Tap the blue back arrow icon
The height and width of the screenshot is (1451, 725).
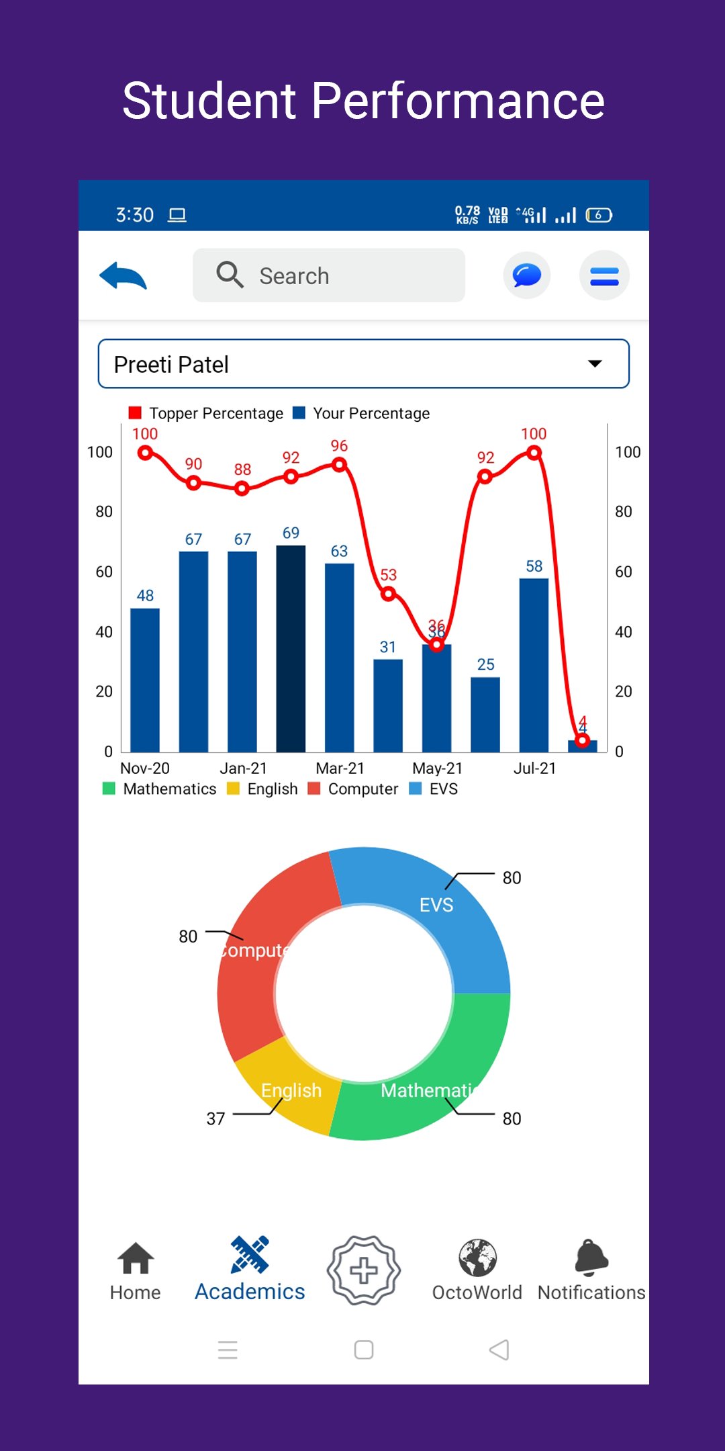tap(124, 275)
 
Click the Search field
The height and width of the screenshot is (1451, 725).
tap(329, 275)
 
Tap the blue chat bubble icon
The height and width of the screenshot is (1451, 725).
tap(527, 275)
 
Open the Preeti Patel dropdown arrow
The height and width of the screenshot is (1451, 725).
tap(595, 364)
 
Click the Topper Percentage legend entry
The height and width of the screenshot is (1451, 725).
tap(207, 413)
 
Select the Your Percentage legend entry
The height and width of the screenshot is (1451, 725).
tap(362, 413)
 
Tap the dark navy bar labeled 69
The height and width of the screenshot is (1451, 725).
tap(291, 648)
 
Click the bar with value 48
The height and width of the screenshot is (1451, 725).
tap(145, 680)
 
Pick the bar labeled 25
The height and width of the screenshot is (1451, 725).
tap(485, 714)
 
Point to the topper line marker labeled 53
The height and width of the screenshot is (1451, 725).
tap(388, 594)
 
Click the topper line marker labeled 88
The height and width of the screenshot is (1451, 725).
tap(242, 489)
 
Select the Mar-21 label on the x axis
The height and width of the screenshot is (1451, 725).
tap(340, 768)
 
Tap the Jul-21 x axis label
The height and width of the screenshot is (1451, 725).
tap(534, 768)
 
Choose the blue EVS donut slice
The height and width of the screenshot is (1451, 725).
tap(430, 900)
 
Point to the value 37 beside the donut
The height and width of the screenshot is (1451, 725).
tap(215, 1118)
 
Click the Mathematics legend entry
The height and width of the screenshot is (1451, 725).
tap(160, 789)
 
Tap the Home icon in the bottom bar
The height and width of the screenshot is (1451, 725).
tap(136, 1258)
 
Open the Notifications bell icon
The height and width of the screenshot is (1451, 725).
tap(591, 1258)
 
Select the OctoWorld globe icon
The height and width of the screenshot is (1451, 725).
tap(477, 1258)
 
